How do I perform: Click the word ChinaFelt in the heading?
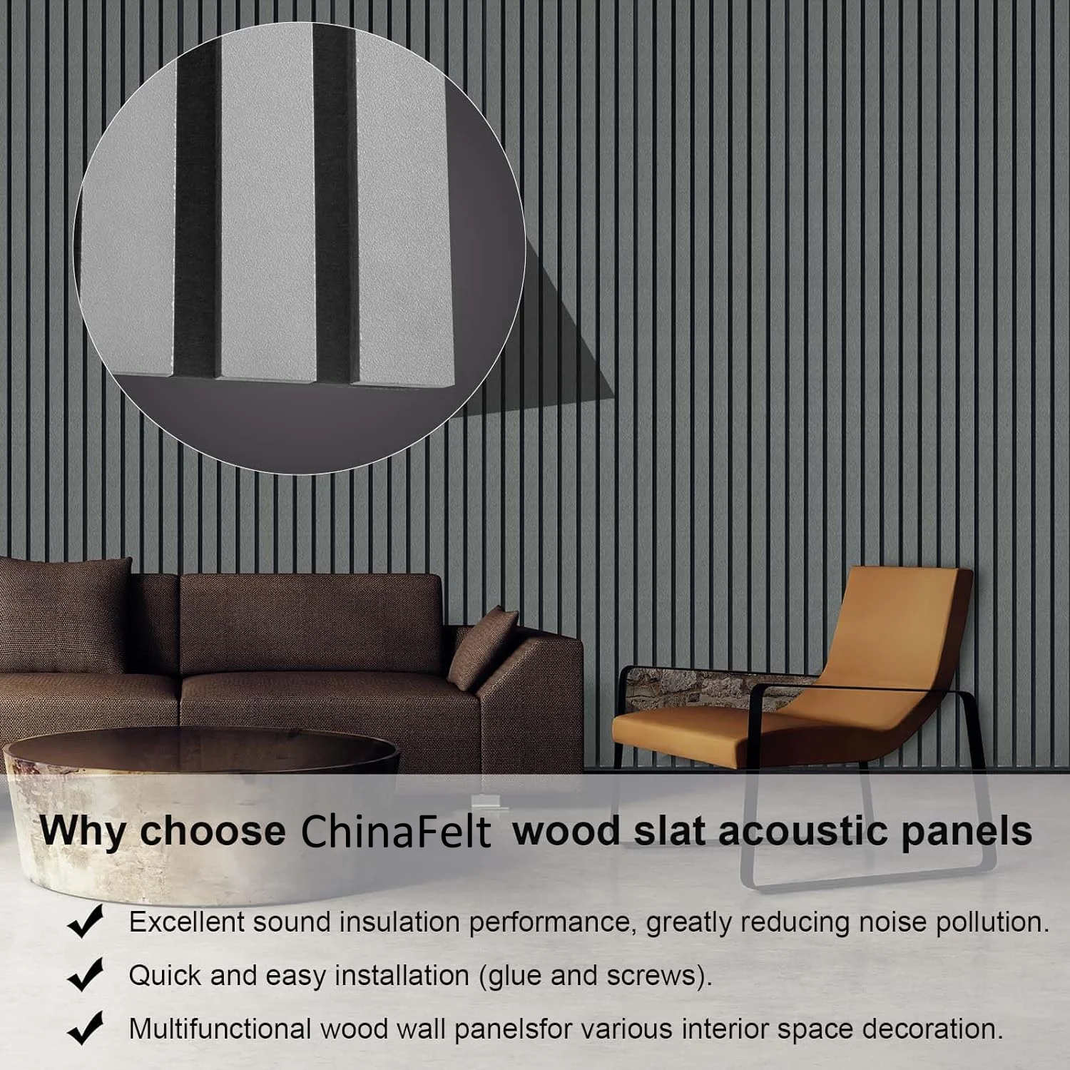[396, 832]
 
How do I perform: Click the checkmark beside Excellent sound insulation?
[85, 922]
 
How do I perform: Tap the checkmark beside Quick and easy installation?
[85, 975]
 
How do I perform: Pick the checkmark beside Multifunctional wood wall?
[85, 1029]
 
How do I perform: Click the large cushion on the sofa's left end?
[64, 613]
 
